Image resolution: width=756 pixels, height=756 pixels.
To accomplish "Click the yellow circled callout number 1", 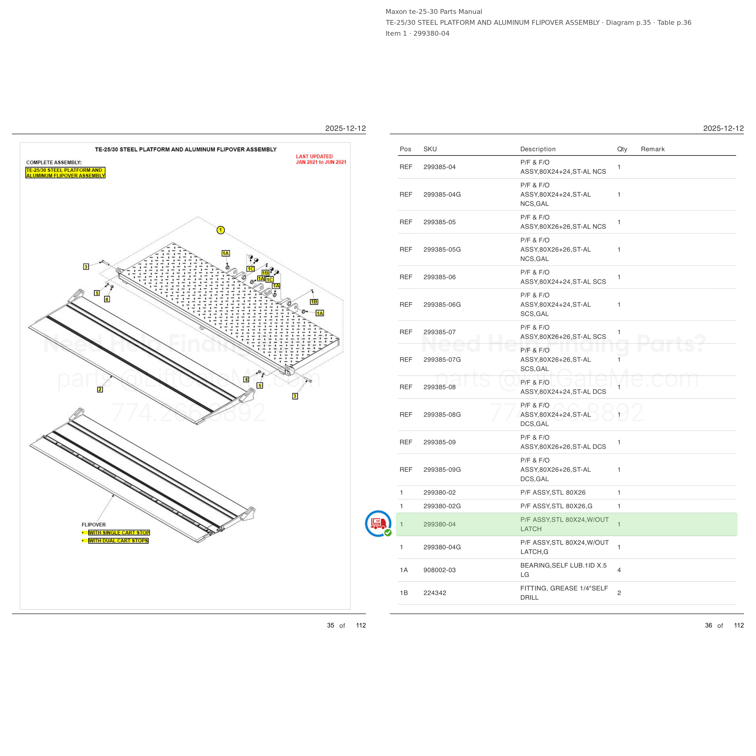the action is (221, 230).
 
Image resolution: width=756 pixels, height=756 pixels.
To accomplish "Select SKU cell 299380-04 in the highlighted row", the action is (439, 524).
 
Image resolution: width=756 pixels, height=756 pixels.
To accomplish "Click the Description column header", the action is (538, 149).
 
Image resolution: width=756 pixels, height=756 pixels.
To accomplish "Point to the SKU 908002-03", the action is (439, 570).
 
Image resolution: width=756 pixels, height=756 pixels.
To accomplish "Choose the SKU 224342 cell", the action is (435, 593).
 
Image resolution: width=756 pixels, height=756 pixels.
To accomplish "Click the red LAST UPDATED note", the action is (321, 159).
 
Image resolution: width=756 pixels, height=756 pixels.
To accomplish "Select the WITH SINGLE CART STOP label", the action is (119, 533).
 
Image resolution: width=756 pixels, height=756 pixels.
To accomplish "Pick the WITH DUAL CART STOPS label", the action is (118, 541).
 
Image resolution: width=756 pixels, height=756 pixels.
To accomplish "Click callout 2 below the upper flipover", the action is (100, 389).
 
